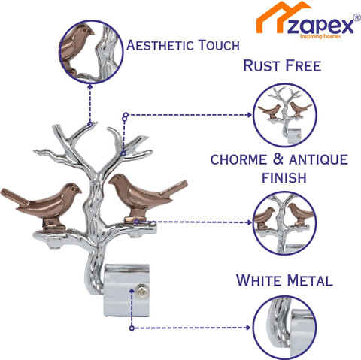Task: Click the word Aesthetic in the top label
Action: coord(159,45)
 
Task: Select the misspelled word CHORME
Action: coord(238,159)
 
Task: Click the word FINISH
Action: coord(284,177)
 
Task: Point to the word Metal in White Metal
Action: coord(310,280)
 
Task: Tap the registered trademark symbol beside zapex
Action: coord(356,17)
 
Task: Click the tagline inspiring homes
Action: coord(320,37)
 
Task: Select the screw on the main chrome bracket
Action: coord(141,291)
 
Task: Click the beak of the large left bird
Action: coord(79,192)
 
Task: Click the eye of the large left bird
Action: coord(73,189)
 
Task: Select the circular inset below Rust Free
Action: coord(285,115)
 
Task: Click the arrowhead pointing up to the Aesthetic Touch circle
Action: coord(90,87)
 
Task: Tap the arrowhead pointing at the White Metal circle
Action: coord(248,328)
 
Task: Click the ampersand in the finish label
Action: coord(278,159)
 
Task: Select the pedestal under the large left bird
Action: coord(54,225)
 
